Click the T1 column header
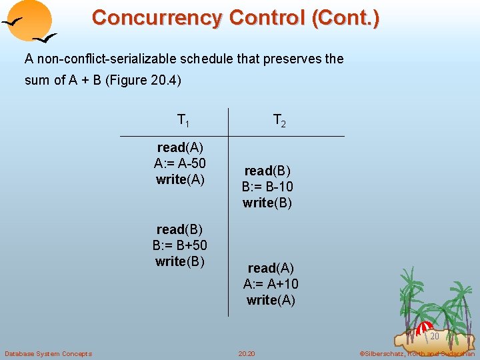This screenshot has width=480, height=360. click(x=183, y=121)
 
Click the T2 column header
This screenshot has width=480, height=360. click(x=279, y=121)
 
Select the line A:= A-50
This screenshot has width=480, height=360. click(x=179, y=163)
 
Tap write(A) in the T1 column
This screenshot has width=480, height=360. click(x=179, y=179)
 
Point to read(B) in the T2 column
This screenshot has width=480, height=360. click(x=267, y=171)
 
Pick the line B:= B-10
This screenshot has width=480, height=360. click(x=267, y=187)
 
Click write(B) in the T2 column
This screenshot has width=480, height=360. click(x=267, y=203)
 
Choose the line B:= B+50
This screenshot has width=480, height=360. click(x=179, y=246)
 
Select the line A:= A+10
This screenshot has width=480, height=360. click(x=271, y=284)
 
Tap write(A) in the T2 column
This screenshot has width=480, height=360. click(x=271, y=300)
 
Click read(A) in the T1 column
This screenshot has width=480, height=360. click(x=180, y=147)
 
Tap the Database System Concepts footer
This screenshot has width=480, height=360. click(x=48, y=353)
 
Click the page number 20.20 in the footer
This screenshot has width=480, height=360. click(x=247, y=353)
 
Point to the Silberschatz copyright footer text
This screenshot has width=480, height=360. click(x=417, y=353)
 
